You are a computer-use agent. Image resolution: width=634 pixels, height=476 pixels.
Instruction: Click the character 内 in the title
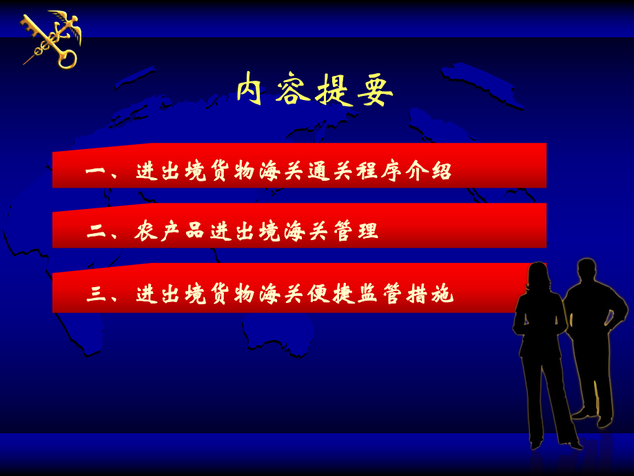click(x=250, y=90)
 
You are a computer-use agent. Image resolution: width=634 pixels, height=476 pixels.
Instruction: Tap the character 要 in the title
click(x=375, y=90)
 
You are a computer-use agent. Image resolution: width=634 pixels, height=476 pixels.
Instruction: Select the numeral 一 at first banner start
click(x=95, y=171)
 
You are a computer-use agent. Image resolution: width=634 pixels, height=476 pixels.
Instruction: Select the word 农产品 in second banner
click(x=169, y=231)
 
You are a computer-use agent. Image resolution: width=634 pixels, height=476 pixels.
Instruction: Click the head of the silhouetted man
click(x=586, y=270)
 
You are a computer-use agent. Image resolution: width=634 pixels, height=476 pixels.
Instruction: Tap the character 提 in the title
click(x=333, y=90)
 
